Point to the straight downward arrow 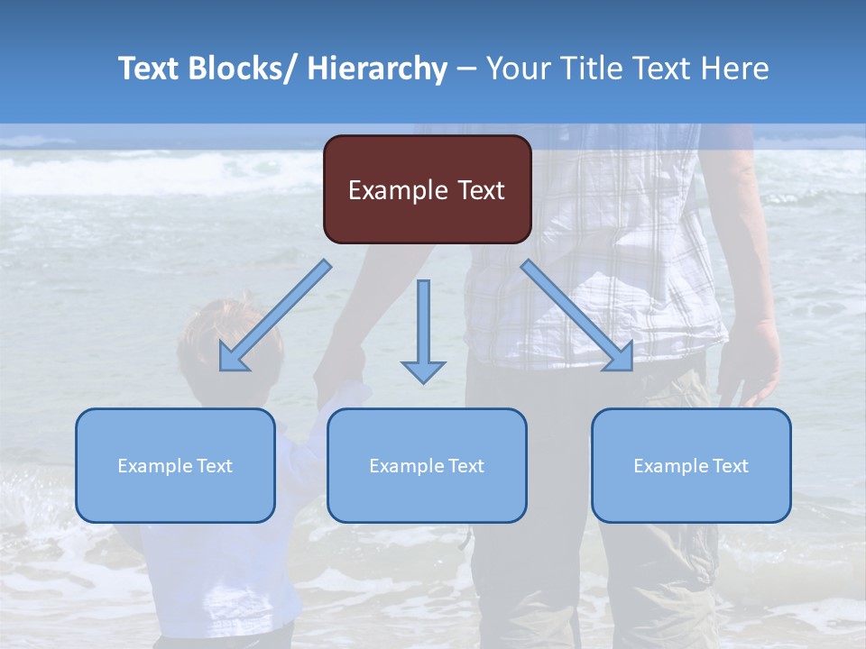click(423, 329)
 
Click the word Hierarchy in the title click(377, 69)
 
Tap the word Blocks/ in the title click(239, 69)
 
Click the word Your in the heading click(519, 69)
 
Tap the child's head click(230, 338)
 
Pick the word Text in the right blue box click(731, 466)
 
